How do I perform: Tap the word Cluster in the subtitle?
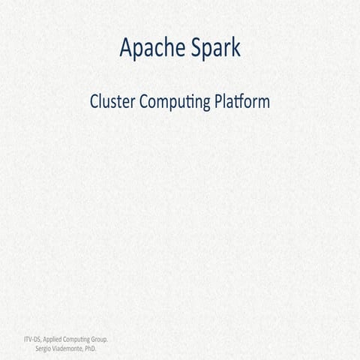(x=112, y=101)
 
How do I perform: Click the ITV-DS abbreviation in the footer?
(x=32, y=340)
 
